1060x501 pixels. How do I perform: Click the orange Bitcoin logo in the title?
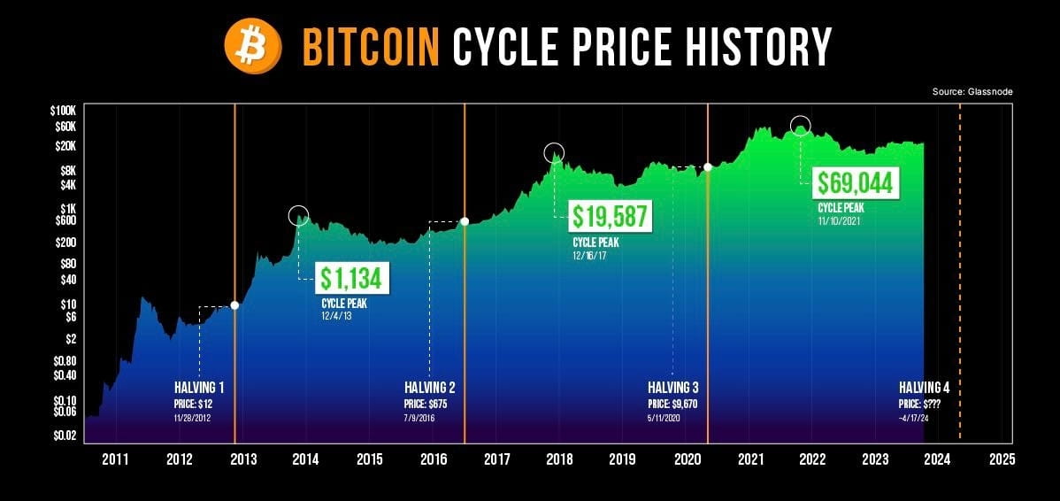(252, 46)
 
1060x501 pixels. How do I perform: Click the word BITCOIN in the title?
(371, 46)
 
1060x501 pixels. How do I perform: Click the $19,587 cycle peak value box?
(611, 216)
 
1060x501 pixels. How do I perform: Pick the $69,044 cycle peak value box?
(856, 183)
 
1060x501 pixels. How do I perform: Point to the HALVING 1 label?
(199, 388)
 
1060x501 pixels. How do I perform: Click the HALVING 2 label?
(430, 388)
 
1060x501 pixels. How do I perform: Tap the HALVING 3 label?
(673, 388)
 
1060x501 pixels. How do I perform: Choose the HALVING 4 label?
(924, 388)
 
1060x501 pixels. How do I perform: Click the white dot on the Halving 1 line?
(234, 305)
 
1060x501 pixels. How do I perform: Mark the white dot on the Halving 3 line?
(708, 167)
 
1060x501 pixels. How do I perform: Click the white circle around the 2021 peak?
(801, 127)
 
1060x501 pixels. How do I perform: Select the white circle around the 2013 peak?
(299, 215)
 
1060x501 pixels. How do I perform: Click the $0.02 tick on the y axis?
(66, 434)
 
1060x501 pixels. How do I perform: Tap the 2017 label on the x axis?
(496, 459)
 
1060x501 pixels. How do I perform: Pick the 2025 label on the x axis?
(1002, 459)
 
